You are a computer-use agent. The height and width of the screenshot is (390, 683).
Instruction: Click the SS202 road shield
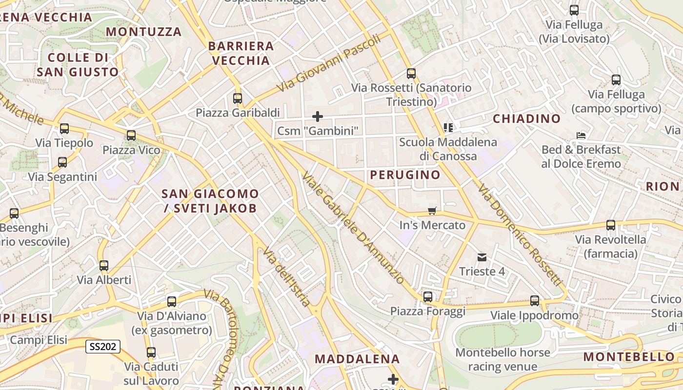pos(103,347)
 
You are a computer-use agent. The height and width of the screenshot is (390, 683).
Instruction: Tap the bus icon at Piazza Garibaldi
pos(238,98)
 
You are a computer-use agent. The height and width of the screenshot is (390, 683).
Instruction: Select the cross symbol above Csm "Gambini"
pos(318,117)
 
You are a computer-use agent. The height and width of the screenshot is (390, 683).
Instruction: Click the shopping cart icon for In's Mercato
pos(432,211)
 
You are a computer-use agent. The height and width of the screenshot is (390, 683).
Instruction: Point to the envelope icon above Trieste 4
pos(482,257)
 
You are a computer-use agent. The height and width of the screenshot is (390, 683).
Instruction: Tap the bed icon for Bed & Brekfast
pos(581,135)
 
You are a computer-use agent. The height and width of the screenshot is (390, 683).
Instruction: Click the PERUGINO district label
pos(405,175)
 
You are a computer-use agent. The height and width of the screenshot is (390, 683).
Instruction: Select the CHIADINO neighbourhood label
pos(526,118)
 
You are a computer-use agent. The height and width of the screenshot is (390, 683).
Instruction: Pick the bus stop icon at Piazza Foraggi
pos(428,296)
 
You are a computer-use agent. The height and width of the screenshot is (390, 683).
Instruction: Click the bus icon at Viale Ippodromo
pos(535,301)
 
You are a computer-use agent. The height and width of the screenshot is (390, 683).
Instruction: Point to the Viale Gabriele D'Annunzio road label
pos(353,228)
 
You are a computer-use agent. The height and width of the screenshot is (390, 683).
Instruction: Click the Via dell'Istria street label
pos(286,278)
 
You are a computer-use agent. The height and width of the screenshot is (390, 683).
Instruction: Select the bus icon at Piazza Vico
pos(131,136)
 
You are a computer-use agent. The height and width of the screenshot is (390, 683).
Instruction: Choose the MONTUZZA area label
pos(143,32)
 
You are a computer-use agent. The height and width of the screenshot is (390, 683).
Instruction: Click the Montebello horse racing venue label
pos(502,359)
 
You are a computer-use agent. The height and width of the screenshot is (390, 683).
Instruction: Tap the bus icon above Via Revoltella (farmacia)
pos(611,225)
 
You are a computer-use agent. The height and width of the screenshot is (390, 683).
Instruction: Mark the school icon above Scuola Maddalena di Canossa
pos(448,128)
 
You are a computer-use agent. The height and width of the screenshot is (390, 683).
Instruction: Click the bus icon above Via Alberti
pos(104,266)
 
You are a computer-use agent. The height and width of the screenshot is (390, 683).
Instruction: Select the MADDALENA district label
pos(357,359)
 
